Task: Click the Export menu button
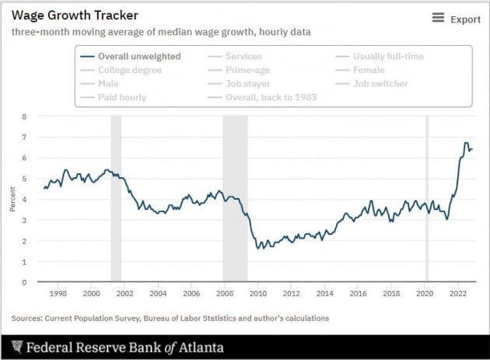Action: pyautogui.click(x=457, y=19)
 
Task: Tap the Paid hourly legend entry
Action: pyautogui.click(x=121, y=97)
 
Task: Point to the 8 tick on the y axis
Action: pyautogui.click(x=24, y=117)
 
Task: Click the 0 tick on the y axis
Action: pyautogui.click(x=24, y=282)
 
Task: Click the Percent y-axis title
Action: pyautogui.click(x=12, y=200)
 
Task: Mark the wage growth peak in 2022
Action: pyautogui.click(x=465, y=143)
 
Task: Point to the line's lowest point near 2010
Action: pyautogui.click(x=257, y=248)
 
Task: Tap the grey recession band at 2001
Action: pyautogui.click(x=116, y=199)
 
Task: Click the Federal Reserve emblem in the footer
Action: pyautogui.click(x=16, y=347)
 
